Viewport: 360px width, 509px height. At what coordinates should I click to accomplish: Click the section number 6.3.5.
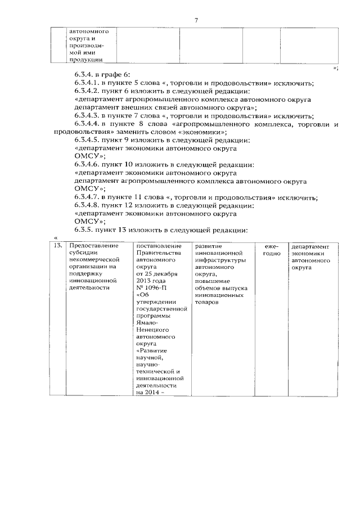pyautogui.click(x=85, y=230)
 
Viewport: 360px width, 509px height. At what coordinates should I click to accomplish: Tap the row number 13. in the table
pyautogui.click(x=56, y=246)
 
